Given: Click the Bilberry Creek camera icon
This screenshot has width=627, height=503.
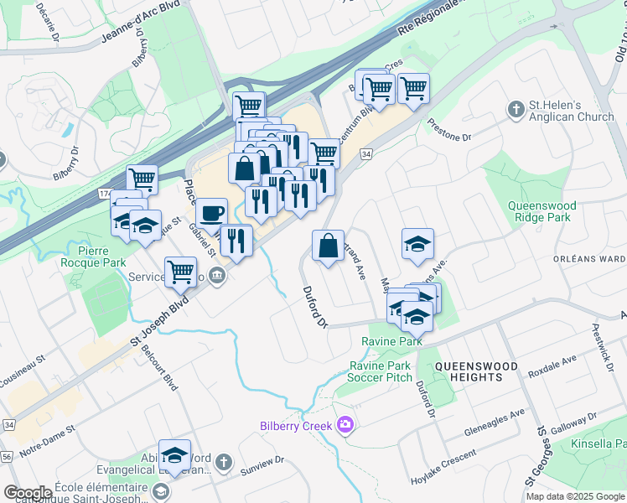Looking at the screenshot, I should (344, 425).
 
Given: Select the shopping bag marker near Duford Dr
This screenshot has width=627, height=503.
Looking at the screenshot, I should (328, 246).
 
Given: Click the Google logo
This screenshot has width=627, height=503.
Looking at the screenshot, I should (28, 493).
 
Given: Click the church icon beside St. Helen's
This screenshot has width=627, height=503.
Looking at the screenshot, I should (516, 109).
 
